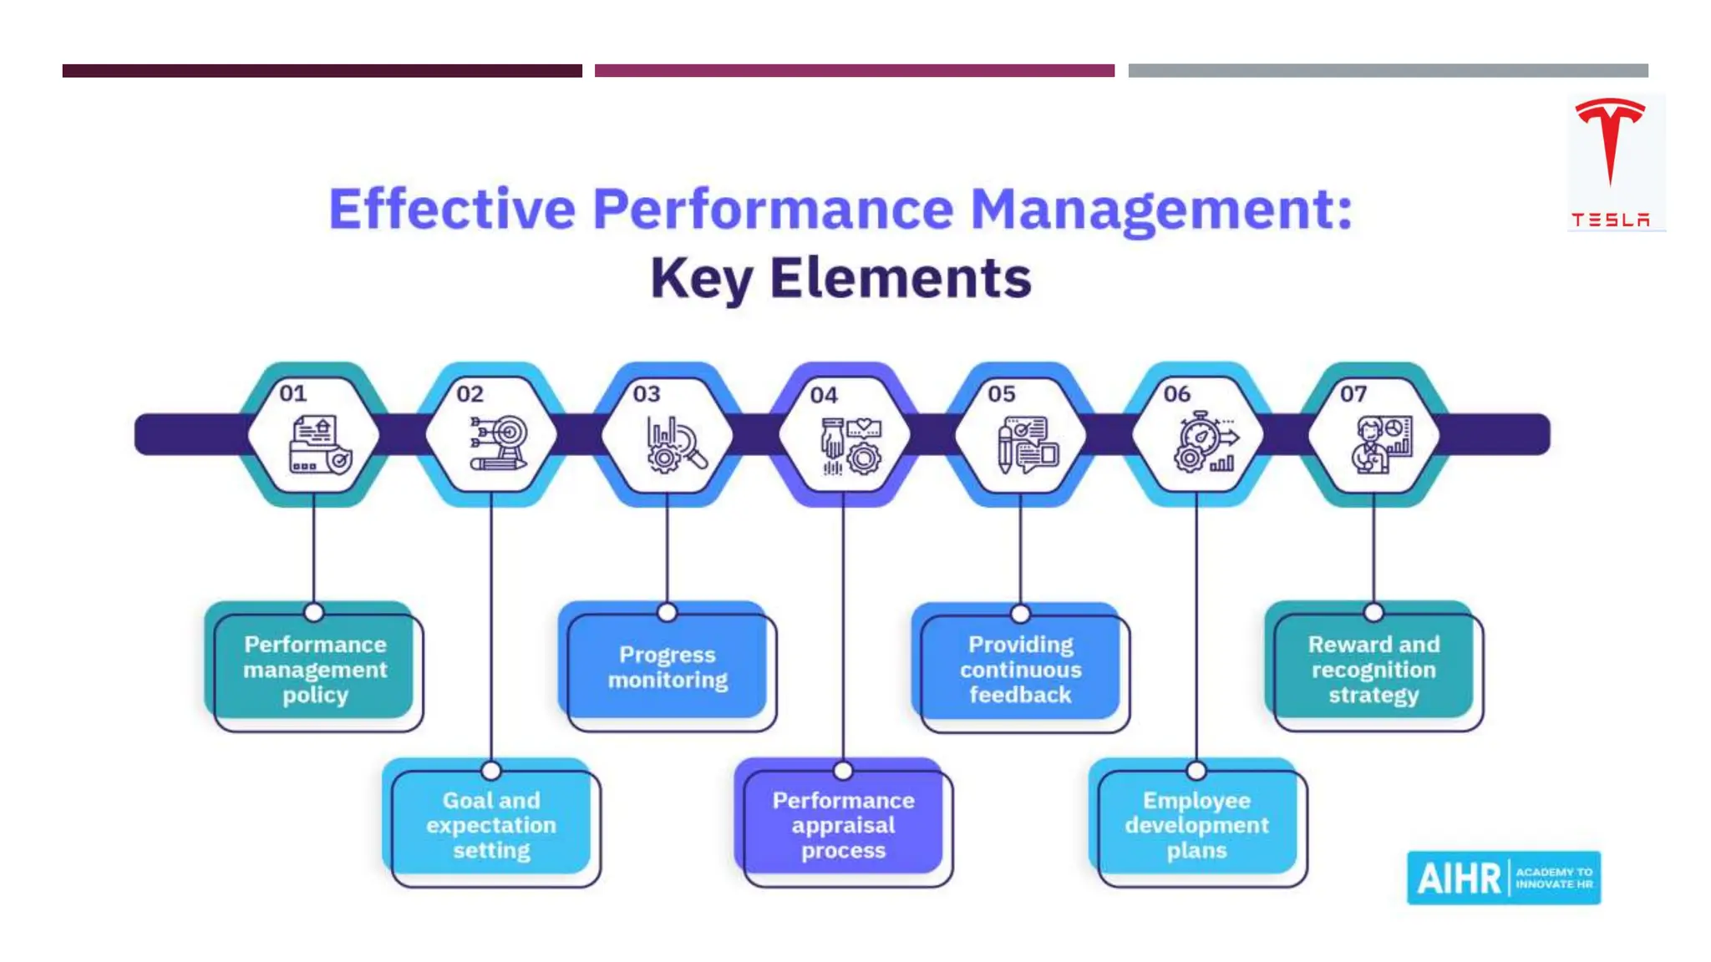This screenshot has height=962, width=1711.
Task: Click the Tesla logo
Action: pyautogui.click(x=1610, y=161)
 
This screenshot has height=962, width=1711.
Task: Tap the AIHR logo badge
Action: pyautogui.click(x=1503, y=878)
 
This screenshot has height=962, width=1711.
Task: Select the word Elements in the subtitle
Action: pyautogui.click(x=900, y=278)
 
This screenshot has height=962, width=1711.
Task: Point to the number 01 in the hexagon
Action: pyautogui.click(x=293, y=393)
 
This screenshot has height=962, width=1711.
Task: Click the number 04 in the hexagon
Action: pyautogui.click(x=824, y=395)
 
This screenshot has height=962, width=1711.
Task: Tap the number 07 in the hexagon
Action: pyautogui.click(x=1353, y=393)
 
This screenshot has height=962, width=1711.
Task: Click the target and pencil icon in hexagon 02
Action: pyautogui.click(x=498, y=443)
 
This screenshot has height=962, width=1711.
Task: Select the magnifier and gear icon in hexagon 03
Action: pyautogui.click(x=676, y=444)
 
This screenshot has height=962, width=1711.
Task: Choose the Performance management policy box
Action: pyautogui.click(x=315, y=669)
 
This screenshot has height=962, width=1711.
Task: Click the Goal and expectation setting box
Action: pyautogui.click(x=491, y=825)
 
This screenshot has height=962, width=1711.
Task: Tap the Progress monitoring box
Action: pyautogui.click(x=668, y=667)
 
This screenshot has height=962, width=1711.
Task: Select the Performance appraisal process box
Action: pyautogui.click(x=844, y=825)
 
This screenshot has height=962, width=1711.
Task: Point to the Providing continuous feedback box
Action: pyautogui.click(x=1020, y=669)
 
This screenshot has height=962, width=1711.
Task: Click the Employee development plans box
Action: pyautogui.click(x=1196, y=825)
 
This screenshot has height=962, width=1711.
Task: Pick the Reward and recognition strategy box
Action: pyautogui.click(x=1373, y=669)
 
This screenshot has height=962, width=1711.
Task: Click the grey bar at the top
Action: pyautogui.click(x=1388, y=71)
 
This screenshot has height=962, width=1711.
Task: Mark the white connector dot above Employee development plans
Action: pyautogui.click(x=1196, y=770)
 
